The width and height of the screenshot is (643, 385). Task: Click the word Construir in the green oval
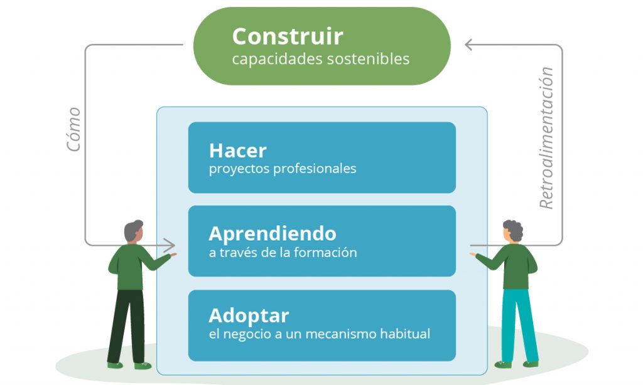[x=288, y=36]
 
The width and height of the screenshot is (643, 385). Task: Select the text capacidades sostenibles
[x=321, y=59]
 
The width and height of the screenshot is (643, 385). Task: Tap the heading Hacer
[x=238, y=150]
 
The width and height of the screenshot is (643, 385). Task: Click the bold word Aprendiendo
[x=273, y=234]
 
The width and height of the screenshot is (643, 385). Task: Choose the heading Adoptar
[x=249, y=316]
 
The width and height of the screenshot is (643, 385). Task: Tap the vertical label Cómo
[x=74, y=129]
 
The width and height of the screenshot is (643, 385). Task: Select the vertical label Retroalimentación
[x=546, y=138]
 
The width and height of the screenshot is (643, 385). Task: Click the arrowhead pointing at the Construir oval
[x=468, y=45]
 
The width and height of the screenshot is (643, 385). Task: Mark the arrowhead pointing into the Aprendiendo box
[x=170, y=245]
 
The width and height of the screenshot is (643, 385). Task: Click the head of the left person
[x=134, y=232]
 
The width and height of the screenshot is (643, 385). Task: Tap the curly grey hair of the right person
[x=514, y=229]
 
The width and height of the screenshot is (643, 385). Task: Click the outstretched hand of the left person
[x=173, y=255]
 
